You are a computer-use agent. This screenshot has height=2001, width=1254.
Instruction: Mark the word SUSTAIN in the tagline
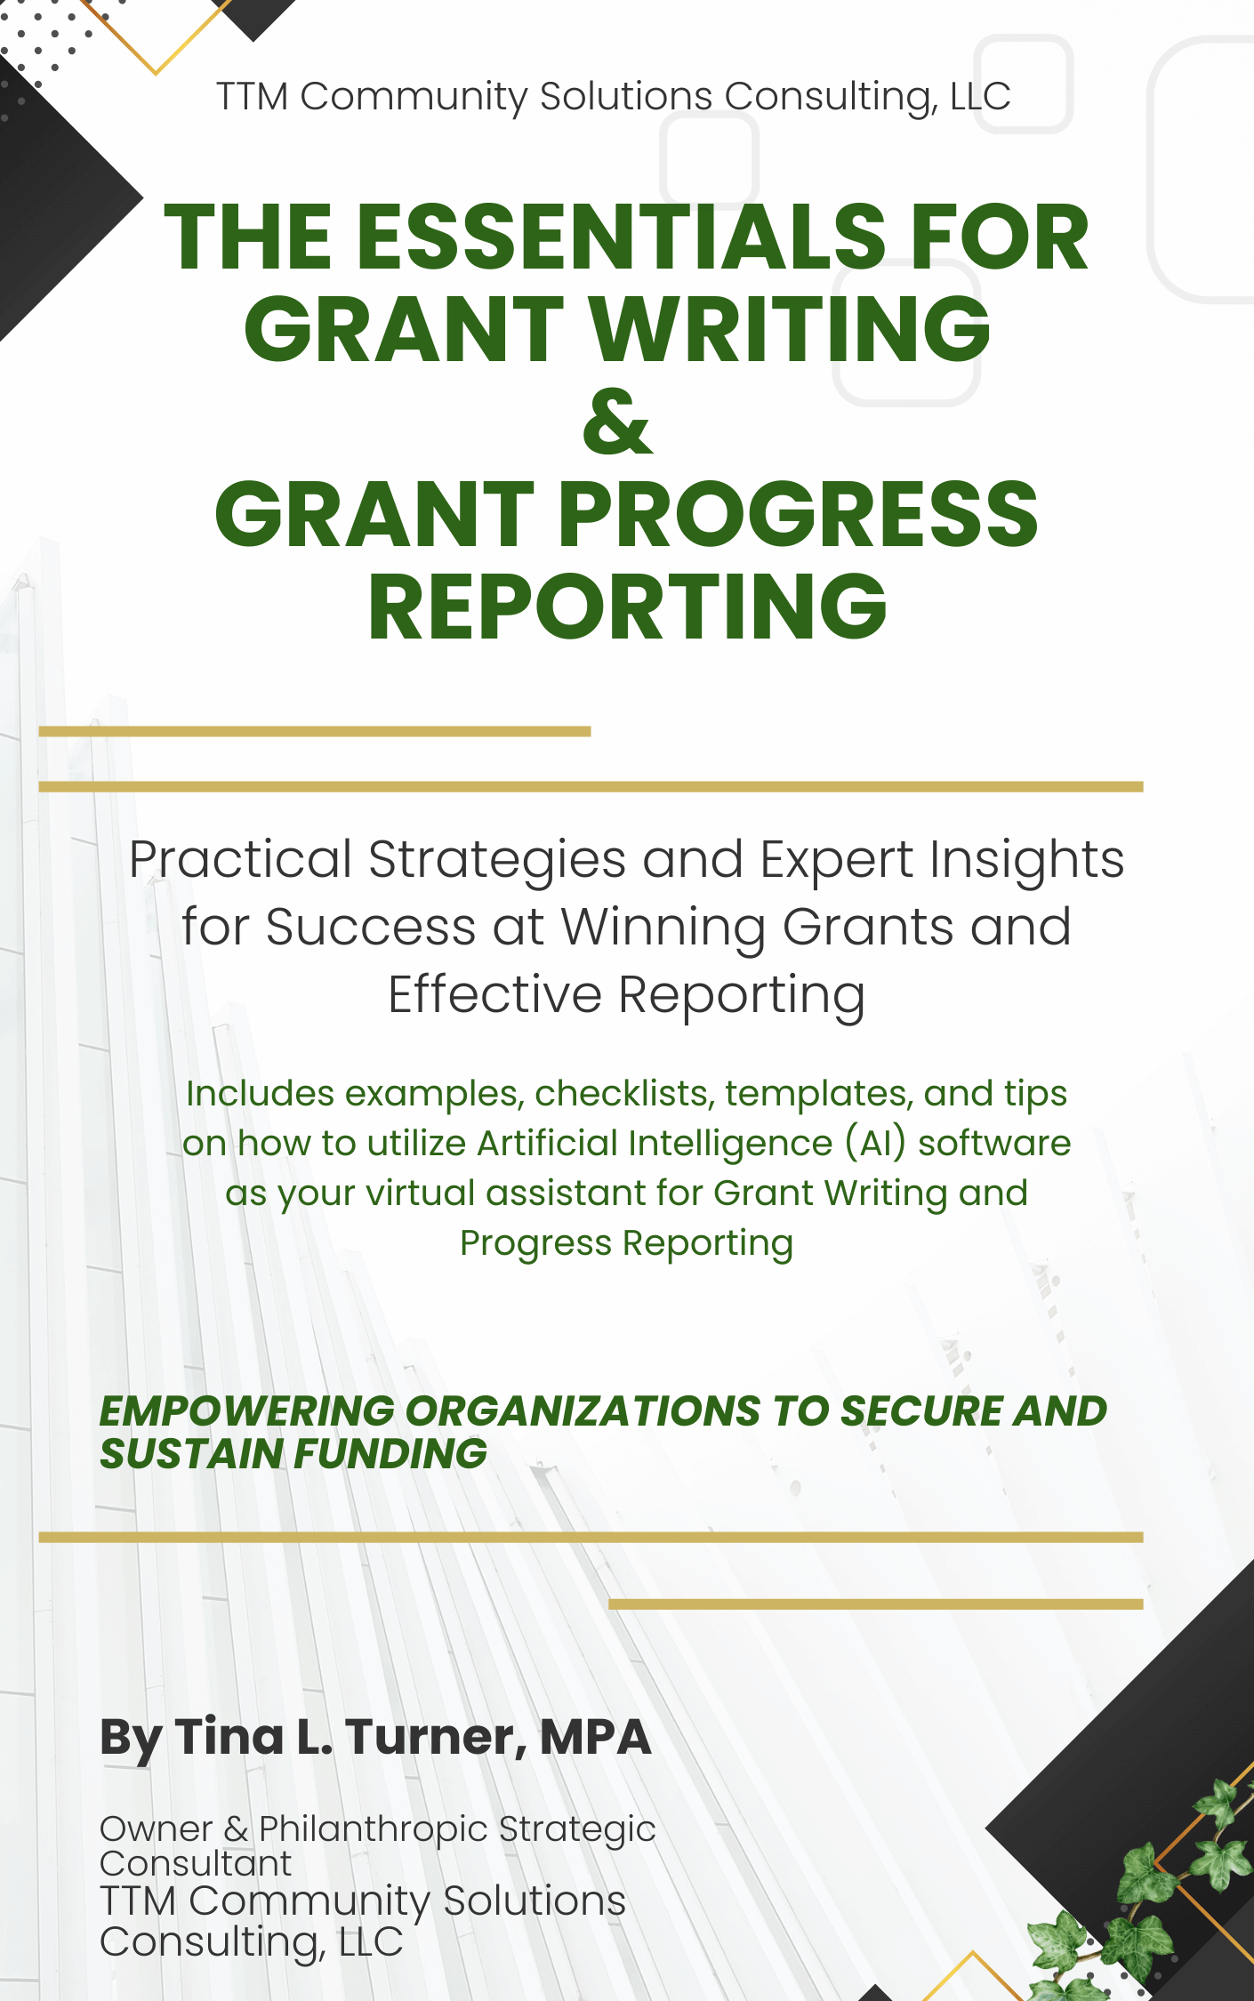click(x=191, y=1454)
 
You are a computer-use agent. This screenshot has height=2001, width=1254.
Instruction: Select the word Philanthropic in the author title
click(x=374, y=1829)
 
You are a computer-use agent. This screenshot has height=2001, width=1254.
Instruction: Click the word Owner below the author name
click(x=156, y=1829)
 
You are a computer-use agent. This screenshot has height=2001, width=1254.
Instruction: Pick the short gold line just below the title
click(x=315, y=731)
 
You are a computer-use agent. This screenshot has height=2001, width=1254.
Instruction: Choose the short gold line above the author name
click(x=876, y=1603)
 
